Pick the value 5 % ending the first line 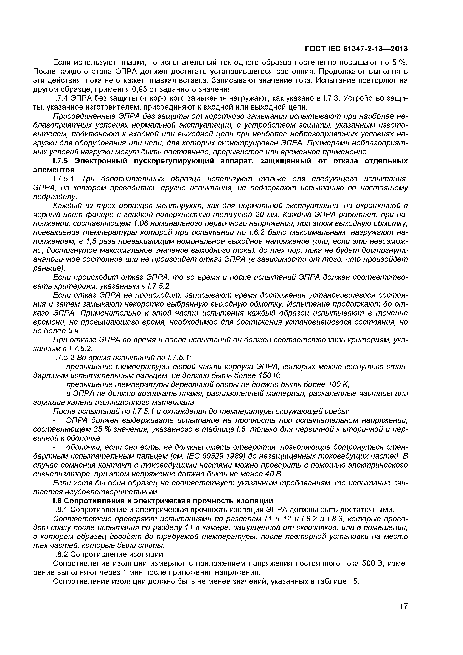pos(400,63)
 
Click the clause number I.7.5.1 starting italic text pos(64,179)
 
